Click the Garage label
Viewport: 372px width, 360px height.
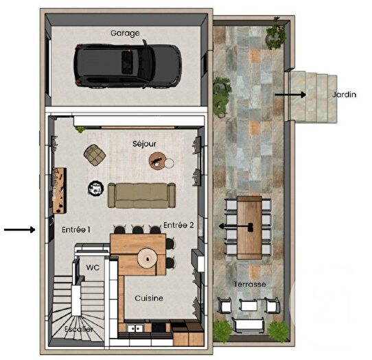(x=126, y=32)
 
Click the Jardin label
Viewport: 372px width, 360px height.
(x=345, y=95)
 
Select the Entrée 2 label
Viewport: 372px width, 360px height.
(x=178, y=225)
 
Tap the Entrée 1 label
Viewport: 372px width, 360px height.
(x=75, y=230)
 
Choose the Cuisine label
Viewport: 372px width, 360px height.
(x=148, y=298)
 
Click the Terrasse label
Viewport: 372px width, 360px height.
(x=249, y=283)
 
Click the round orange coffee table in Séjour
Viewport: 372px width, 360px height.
(x=158, y=160)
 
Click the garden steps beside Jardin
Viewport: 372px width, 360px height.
(x=313, y=97)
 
